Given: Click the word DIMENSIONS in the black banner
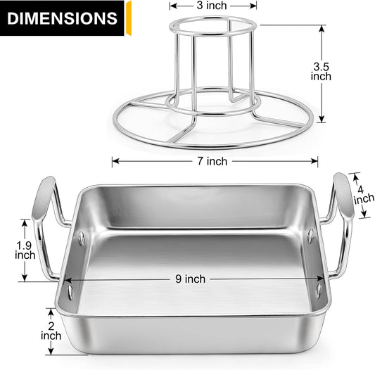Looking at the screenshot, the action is coord(62,18).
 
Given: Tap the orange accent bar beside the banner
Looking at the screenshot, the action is coord(129,18).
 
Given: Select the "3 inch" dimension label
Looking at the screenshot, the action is coord(212,6).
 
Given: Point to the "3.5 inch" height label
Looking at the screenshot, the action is coord(321,72).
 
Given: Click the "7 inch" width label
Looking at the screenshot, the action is coord(212,161).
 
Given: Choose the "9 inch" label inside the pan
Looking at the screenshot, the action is coord(191,279).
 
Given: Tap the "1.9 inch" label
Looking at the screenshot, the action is coord(25,250).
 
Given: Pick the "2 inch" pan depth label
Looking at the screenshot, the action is coord(51,331).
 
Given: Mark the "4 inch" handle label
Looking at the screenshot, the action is coord(364,195).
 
